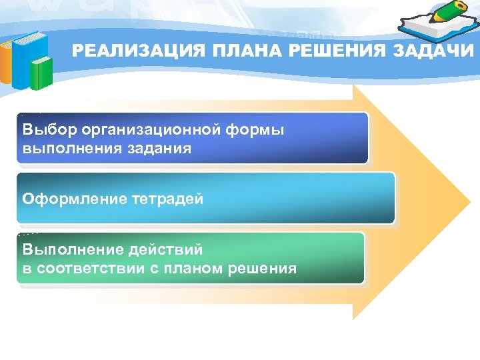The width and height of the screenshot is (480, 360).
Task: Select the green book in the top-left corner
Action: [x=41, y=73]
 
